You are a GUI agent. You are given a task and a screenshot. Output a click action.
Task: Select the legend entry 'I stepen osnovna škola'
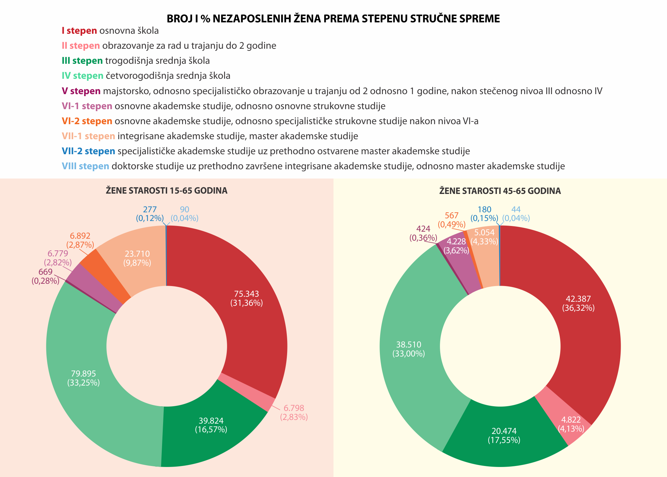click(x=110, y=31)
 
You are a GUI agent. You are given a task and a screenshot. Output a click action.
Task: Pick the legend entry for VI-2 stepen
click(x=270, y=121)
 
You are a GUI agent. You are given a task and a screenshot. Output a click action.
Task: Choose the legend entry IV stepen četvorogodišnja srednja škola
click(x=146, y=76)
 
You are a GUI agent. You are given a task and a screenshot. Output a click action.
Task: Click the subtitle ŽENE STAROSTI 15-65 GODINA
click(x=166, y=191)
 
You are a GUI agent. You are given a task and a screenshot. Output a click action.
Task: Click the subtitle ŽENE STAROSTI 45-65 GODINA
click(x=500, y=191)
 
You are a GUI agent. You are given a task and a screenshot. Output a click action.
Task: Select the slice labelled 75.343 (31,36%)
click(x=246, y=298)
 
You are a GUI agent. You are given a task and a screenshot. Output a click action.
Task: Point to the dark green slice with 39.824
click(x=211, y=425)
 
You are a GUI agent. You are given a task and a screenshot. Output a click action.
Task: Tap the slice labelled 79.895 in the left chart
click(x=83, y=378)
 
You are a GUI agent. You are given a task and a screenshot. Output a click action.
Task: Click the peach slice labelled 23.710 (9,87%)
click(x=137, y=258)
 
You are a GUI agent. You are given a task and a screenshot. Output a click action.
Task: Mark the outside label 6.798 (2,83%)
click(x=294, y=413)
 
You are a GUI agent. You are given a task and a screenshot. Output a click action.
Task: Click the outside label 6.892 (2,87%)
click(x=80, y=240)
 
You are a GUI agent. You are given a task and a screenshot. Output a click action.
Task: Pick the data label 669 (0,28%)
click(x=45, y=276)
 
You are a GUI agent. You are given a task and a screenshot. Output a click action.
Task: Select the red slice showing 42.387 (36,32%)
click(x=578, y=303)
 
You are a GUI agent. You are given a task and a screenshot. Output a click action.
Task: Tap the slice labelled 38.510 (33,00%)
click(x=409, y=349)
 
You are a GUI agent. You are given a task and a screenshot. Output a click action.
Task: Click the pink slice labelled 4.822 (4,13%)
click(x=571, y=424)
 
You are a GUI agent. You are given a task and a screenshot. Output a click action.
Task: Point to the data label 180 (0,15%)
click(x=484, y=214)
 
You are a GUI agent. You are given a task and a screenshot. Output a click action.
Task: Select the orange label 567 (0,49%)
click(x=452, y=220)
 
